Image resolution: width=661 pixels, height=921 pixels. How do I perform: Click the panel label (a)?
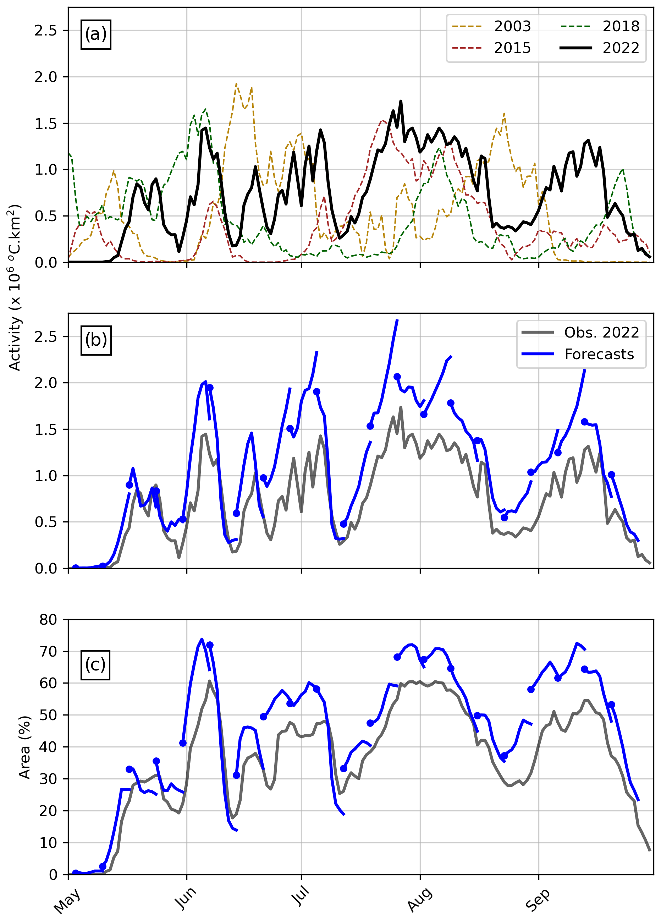[x=96, y=34]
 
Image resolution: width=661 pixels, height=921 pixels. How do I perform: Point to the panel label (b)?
[x=96, y=340]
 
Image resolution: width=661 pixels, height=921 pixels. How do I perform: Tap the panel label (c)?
[x=95, y=665]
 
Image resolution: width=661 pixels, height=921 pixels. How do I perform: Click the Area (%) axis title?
[x=25, y=747]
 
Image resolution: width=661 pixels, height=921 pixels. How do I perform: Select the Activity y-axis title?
[x=15, y=288]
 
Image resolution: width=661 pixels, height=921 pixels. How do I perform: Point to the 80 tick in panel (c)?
[x=48, y=620]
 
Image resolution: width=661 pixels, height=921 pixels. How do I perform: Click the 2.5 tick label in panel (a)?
[x=45, y=31]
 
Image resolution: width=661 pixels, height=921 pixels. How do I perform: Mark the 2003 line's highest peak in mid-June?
[x=236, y=84]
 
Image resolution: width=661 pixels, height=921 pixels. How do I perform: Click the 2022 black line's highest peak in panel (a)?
[x=401, y=101]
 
